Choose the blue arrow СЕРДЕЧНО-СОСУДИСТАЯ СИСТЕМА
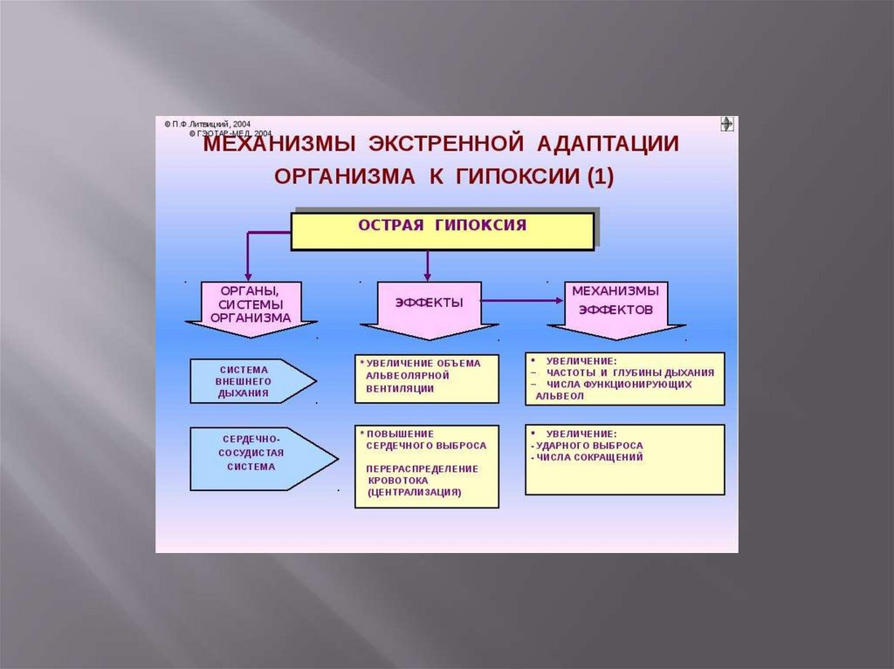click(x=253, y=456)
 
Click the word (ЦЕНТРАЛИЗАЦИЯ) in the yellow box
click(x=415, y=493)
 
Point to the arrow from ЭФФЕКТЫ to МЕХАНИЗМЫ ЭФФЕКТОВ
click(x=524, y=301)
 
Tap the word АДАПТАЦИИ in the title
click(x=608, y=143)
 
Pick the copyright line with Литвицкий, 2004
click(x=207, y=125)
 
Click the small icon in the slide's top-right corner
click(x=726, y=124)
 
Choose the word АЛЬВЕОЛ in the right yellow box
click(x=567, y=396)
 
